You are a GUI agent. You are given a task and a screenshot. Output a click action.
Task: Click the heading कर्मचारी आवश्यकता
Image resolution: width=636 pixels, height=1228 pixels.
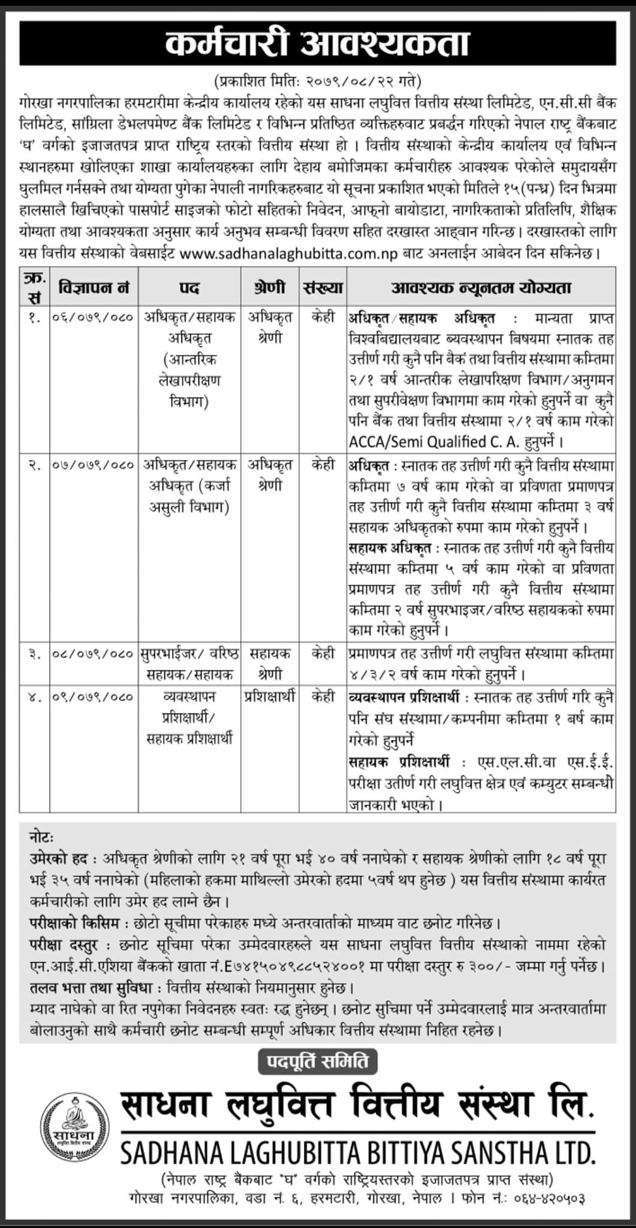pyautogui.click(x=318, y=46)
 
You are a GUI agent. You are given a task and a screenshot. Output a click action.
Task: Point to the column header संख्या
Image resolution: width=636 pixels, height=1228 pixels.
pyautogui.click(x=323, y=288)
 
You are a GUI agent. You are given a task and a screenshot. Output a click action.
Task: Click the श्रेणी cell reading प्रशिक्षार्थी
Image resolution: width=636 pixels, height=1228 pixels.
pyautogui.click(x=270, y=697)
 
